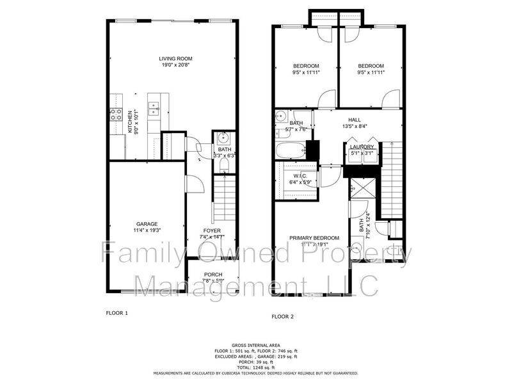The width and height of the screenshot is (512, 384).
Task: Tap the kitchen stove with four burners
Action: click(116, 115)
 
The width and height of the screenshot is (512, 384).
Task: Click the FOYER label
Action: click(212, 230)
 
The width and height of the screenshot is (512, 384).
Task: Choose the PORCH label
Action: click(212, 274)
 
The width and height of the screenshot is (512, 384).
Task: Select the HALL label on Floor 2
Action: click(354, 120)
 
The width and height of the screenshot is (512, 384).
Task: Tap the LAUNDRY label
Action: click(362, 147)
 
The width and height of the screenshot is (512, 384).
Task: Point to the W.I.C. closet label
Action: click(300, 176)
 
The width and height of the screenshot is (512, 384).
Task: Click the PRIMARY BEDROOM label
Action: click(314, 237)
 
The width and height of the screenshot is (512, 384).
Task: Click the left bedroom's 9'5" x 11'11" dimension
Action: click(306, 72)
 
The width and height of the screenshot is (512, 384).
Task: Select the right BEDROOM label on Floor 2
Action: click(371, 66)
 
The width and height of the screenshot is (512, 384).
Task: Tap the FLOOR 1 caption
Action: click(117, 313)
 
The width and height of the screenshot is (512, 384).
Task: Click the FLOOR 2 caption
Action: click(283, 316)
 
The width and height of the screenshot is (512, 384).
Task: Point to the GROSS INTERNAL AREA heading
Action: click(255, 345)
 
